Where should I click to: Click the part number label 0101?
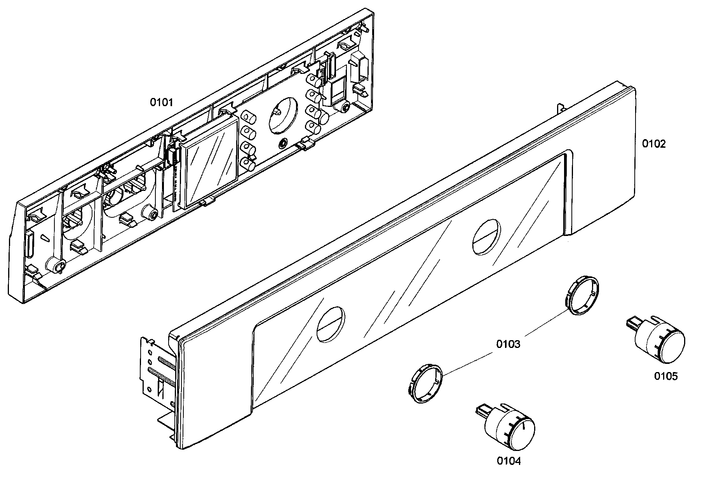(162, 103)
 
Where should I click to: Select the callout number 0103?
(508, 344)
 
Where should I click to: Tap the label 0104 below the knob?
(509, 461)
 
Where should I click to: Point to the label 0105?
(666, 376)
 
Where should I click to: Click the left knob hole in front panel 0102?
(331, 324)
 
